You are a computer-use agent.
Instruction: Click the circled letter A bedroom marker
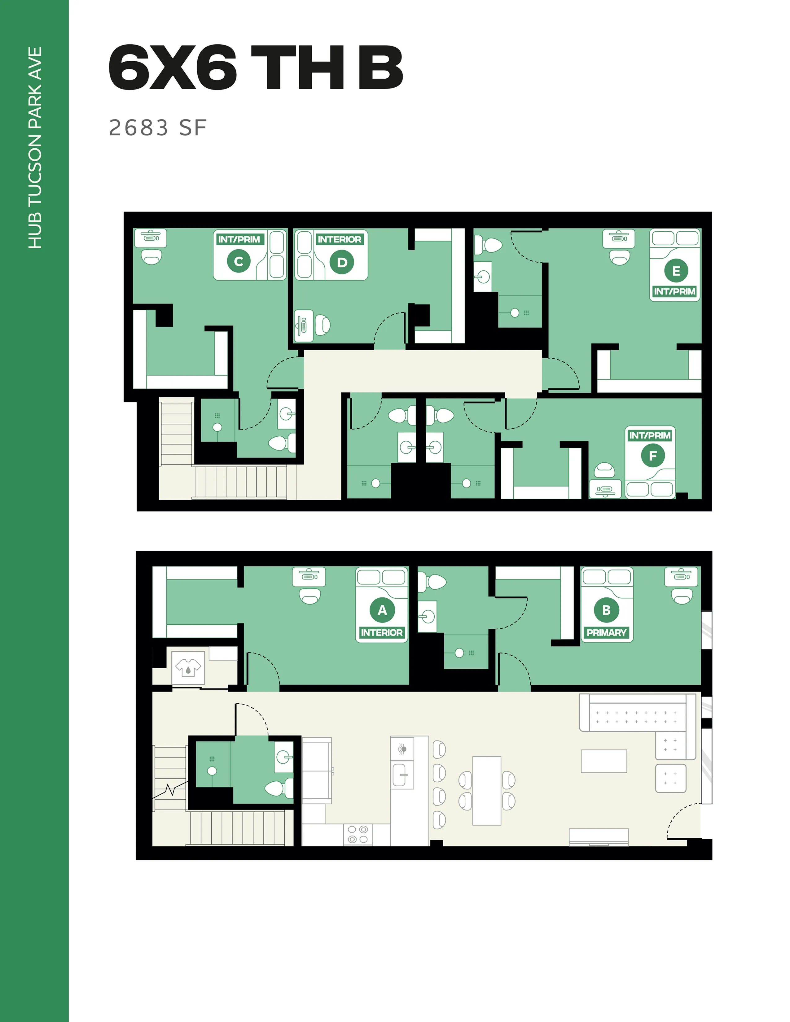pos(382,610)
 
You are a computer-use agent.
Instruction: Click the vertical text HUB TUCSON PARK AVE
pos(35,147)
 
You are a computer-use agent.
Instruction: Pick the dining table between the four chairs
pos(487,790)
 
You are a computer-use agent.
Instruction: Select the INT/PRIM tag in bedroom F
pos(650,436)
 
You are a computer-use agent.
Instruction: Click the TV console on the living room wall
pos(599,837)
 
